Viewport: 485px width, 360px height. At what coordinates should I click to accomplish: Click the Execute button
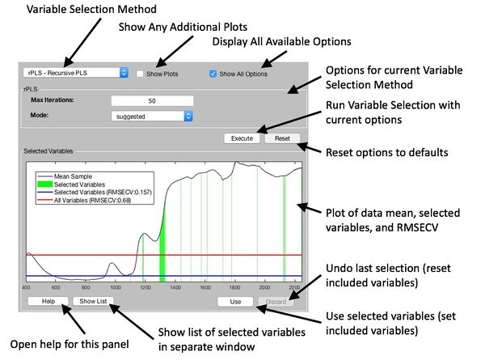(242, 138)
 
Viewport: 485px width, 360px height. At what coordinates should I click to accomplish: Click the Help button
(47, 301)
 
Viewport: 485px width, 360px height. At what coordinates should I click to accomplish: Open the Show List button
(94, 301)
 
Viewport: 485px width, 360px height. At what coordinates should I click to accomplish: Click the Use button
(236, 301)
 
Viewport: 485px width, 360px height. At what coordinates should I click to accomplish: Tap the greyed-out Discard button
(279, 301)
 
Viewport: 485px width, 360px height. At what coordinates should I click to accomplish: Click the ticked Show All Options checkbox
(213, 73)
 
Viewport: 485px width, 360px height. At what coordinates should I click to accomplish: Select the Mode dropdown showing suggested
(153, 116)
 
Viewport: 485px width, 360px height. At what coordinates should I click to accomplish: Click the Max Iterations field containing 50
(153, 100)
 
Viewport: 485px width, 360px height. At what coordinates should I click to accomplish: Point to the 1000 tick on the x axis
(116, 287)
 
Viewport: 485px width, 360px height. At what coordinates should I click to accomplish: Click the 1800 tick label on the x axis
(234, 287)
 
